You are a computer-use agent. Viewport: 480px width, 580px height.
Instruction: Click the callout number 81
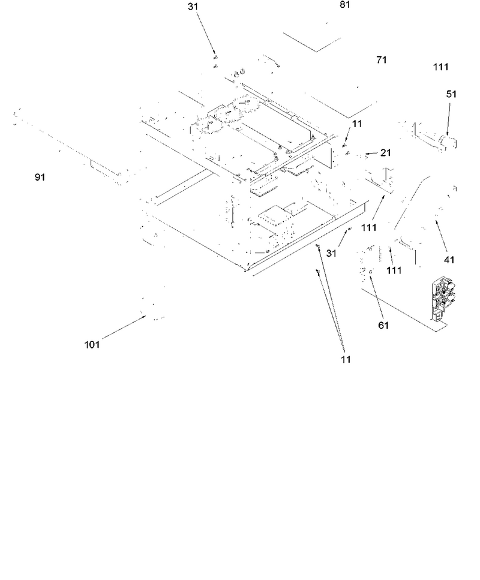(344, 4)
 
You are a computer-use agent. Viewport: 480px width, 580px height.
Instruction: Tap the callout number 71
(382, 59)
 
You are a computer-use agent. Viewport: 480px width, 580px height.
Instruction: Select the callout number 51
(451, 94)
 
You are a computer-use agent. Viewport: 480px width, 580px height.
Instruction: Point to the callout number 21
(386, 152)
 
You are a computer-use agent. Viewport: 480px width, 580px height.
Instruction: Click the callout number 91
(40, 177)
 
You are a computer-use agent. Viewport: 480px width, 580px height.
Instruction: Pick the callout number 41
(449, 260)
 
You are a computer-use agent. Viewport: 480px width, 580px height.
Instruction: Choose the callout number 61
(383, 325)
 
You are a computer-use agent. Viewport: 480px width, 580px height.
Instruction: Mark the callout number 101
(92, 345)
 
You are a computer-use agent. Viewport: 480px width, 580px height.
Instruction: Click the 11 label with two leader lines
(346, 359)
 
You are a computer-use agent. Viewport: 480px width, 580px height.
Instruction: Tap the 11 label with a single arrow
(357, 124)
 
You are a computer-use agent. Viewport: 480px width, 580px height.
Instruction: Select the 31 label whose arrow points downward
(193, 7)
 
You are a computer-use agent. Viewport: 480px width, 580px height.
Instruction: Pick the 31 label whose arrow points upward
(331, 253)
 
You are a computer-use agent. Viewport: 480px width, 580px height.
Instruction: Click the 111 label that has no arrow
(441, 67)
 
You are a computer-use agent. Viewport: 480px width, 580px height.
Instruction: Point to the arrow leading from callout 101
(124, 327)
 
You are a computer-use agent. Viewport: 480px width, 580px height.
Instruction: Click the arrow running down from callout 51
(449, 119)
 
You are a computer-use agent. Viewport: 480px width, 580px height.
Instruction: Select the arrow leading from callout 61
(376, 295)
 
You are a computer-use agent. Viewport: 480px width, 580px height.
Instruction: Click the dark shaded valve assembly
(442, 300)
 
